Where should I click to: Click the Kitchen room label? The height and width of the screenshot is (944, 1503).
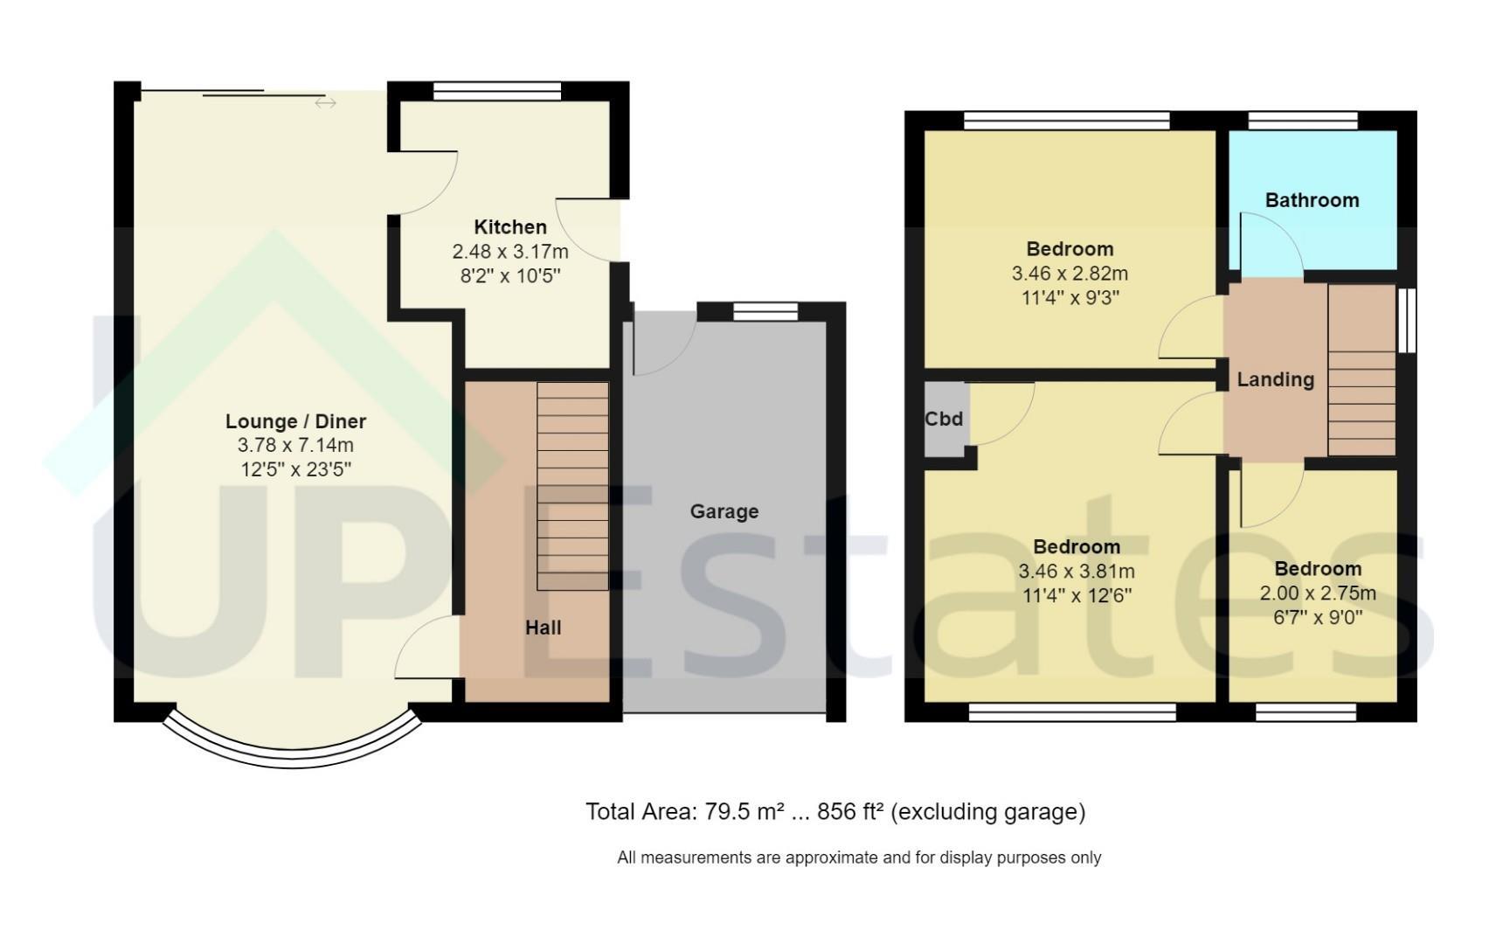510,227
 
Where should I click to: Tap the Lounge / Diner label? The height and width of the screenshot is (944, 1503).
295,421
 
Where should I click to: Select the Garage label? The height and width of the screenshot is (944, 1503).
724,512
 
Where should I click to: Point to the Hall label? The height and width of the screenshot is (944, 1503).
543,628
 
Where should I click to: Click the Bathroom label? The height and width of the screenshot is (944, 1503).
1312,200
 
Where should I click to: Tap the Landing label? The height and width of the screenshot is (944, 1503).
1275,379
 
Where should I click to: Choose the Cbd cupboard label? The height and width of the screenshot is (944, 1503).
944,419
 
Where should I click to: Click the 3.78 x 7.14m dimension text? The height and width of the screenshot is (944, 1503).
295,446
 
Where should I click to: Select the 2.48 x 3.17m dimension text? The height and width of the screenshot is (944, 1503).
510,252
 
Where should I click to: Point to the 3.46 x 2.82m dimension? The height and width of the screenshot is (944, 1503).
1070,274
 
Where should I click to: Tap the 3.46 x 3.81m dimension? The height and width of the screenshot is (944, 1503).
1077,572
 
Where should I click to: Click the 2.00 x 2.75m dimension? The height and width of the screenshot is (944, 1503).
1318,593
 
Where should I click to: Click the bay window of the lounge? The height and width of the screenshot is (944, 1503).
293,758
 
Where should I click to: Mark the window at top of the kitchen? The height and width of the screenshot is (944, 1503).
496,91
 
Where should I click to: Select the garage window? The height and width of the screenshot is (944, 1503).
765,311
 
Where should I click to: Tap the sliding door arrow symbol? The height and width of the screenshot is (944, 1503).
325,103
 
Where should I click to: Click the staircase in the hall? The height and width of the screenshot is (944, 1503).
572,486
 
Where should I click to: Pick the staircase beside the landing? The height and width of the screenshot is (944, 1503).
1361,370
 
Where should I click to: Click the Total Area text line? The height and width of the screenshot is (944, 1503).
835,812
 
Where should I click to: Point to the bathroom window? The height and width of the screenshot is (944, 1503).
1303,121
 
